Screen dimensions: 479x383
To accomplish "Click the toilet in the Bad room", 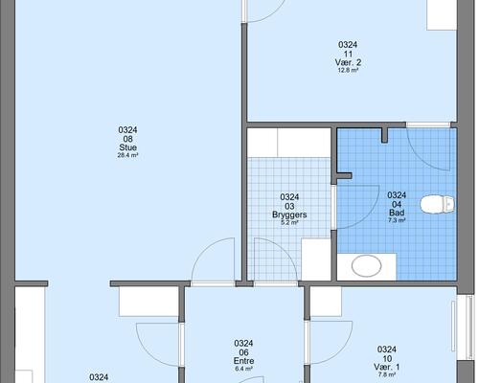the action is click(x=437, y=204).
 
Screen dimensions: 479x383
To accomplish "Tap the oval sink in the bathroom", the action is click(x=367, y=265).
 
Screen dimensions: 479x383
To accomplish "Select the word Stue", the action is click(x=127, y=147).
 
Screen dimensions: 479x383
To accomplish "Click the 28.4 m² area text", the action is click(x=127, y=156).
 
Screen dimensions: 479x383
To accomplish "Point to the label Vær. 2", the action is click(x=348, y=62).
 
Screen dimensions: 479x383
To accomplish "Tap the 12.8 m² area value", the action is click(x=348, y=71).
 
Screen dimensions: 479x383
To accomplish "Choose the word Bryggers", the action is click(x=289, y=214).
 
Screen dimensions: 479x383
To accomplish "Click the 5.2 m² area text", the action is click(x=289, y=223).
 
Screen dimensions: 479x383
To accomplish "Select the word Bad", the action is click(x=397, y=213).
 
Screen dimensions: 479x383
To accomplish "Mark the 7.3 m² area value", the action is click(x=397, y=220).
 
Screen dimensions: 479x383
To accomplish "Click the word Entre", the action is click(x=243, y=361).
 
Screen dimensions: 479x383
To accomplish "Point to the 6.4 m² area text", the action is click(x=243, y=369).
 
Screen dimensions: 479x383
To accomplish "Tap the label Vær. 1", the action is click(x=387, y=367).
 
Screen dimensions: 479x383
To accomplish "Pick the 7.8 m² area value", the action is click(x=387, y=374).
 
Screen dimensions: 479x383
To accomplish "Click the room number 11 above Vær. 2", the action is click(x=348, y=54).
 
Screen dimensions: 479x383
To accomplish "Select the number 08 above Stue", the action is click(x=127, y=139).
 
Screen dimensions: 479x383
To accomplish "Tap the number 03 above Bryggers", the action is click(x=289, y=206).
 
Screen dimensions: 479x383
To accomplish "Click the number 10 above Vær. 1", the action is click(x=387, y=358).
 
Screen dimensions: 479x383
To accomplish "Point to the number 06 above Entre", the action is click(x=243, y=352).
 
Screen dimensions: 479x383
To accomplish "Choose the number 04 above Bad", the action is click(x=397, y=204).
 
